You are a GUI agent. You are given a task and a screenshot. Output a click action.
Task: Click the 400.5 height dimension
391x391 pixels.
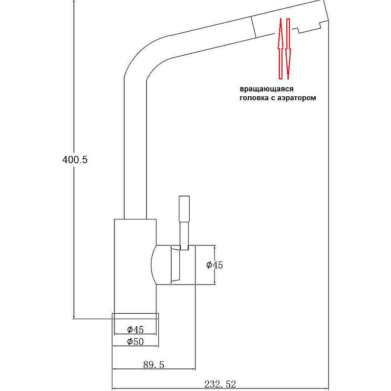tap(75, 159)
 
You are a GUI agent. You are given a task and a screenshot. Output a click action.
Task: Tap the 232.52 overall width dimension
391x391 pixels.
tap(222, 385)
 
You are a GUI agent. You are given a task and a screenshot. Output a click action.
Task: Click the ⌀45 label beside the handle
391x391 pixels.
tap(214, 265)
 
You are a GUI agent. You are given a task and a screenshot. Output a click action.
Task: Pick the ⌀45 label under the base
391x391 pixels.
tap(135, 329)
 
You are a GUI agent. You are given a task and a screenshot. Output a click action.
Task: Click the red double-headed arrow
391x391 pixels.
tap(284, 49)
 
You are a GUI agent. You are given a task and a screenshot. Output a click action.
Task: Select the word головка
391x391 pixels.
tap(255, 98)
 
